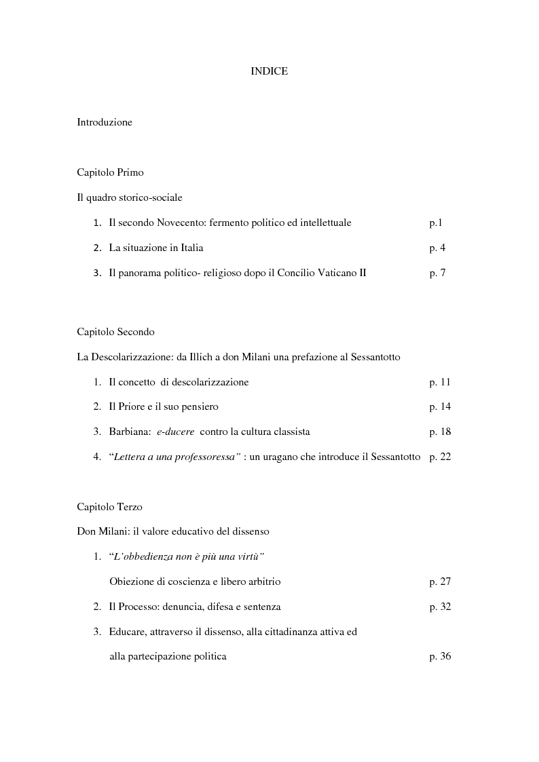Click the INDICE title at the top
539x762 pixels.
click(269, 71)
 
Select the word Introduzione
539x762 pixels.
click(105, 123)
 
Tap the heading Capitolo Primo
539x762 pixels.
click(110, 172)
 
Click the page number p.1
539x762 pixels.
click(436, 223)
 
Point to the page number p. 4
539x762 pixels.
click(437, 248)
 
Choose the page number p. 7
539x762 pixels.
click(437, 273)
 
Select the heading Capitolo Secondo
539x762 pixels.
click(115, 332)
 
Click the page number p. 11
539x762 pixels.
click(440, 382)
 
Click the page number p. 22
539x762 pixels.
click(440, 457)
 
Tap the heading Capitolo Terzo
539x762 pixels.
click(109, 507)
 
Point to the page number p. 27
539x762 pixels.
click(440, 582)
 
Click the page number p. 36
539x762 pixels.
click(440, 656)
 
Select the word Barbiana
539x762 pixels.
click(126, 432)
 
